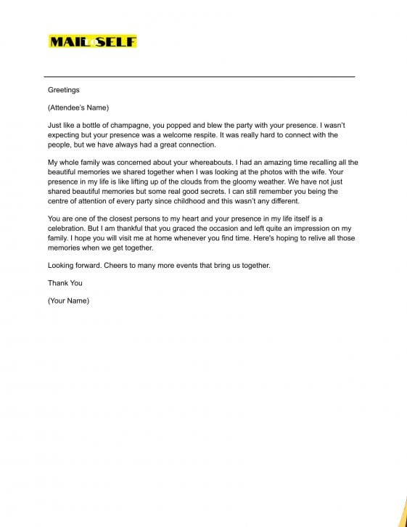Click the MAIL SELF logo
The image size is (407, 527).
tap(92, 41)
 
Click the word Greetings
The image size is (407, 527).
tap(64, 91)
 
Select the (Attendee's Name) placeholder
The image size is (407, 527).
tap(78, 108)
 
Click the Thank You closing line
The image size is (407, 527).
tap(65, 283)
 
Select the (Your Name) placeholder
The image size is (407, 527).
tap(68, 301)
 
